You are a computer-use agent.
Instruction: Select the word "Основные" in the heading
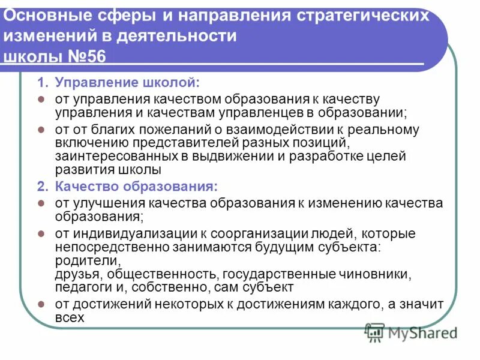tap(39, 14)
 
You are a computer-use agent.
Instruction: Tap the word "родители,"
tap(88, 261)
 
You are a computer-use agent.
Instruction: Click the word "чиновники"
tap(376, 274)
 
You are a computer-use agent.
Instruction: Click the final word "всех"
tap(70, 319)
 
